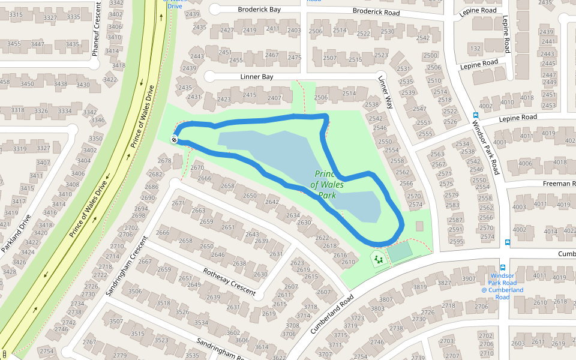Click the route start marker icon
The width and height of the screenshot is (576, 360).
click(x=174, y=140)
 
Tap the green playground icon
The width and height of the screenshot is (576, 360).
click(x=378, y=259)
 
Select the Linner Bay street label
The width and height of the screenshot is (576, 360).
click(x=257, y=77)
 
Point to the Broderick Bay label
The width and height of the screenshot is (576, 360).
click(x=259, y=10)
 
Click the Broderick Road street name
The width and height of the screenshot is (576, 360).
click(x=376, y=11)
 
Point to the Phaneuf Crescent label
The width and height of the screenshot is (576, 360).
click(x=95, y=28)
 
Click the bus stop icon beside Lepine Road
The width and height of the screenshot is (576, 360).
click(x=476, y=115)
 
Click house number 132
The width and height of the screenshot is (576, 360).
click(x=476, y=48)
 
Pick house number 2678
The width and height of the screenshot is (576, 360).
click(x=164, y=160)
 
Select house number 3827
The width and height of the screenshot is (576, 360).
click(x=444, y=283)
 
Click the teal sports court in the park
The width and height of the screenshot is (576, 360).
click(x=400, y=252)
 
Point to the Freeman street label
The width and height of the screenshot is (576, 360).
click(x=559, y=183)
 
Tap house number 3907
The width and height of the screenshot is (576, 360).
click(x=468, y=278)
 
